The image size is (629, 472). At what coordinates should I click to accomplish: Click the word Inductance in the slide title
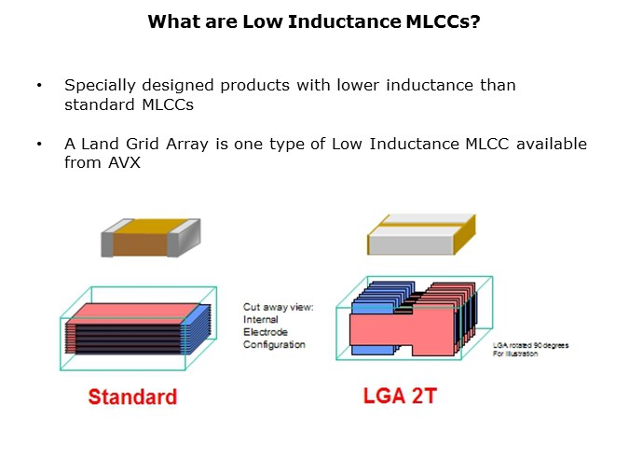(334, 21)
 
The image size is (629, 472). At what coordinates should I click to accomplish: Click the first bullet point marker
(39, 86)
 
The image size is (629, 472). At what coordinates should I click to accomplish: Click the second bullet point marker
(39, 145)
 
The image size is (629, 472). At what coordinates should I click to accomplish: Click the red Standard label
(132, 396)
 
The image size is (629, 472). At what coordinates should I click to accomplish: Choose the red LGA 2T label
(399, 396)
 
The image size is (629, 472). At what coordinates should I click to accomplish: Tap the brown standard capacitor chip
(149, 238)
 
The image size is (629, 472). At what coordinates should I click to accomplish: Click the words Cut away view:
(279, 306)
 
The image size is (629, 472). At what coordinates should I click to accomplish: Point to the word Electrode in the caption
(266, 331)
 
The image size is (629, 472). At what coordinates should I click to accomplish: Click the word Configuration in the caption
(275, 344)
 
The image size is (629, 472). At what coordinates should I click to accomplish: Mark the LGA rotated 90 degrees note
(530, 349)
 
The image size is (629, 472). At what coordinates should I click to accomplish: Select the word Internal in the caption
(262, 319)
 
